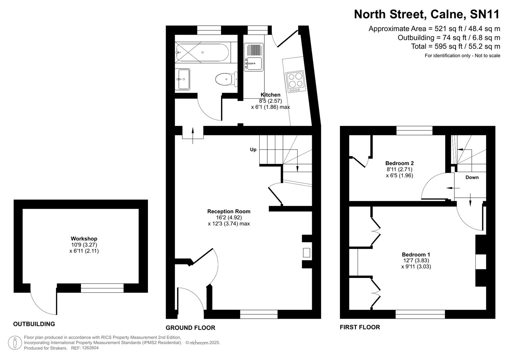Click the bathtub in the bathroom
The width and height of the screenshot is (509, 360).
(202, 53)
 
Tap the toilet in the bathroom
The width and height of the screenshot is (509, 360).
(225, 79)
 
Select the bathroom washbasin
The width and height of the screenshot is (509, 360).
(182, 79)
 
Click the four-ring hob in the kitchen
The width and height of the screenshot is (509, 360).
(295, 81)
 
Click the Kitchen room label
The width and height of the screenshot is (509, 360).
(270, 95)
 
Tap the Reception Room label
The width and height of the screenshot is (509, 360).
(229, 211)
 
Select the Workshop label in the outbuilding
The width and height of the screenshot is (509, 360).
(84, 239)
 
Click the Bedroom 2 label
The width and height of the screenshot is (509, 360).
(399, 163)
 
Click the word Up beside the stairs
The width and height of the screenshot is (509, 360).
(253, 150)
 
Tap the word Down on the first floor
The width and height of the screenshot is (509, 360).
(472, 177)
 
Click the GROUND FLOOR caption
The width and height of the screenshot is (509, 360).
(190, 328)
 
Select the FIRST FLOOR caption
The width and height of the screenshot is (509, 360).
(360, 327)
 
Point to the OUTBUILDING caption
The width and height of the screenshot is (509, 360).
(34, 324)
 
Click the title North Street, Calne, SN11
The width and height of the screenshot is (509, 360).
(427, 14)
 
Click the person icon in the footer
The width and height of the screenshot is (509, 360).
(15, 343)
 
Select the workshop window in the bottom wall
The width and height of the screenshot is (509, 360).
(102, 288)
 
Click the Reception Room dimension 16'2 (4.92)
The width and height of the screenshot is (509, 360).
(229, 218)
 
